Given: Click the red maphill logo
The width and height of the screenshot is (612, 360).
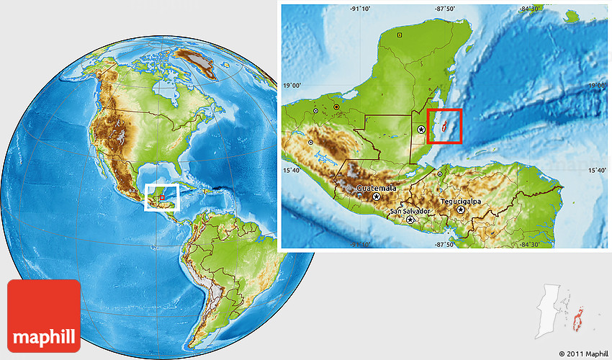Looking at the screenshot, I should tap(44, 316).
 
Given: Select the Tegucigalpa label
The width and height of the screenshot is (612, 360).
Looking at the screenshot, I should tap(461, 202).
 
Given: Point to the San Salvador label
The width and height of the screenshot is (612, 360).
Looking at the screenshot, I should tap(410, 211).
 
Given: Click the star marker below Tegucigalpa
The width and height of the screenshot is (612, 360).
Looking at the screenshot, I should tap(461, 210).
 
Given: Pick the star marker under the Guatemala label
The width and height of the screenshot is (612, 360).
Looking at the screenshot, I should tap(375, 195).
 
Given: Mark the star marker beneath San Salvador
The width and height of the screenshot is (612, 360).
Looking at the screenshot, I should tap(410, 220).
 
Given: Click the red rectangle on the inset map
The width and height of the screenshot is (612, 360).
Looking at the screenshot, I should tap(445, 127).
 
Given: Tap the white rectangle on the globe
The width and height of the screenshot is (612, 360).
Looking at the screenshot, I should tap(161, 197).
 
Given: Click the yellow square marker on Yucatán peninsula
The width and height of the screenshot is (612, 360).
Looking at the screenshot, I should tap(400, 33).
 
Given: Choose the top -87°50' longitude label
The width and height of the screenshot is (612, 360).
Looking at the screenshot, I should tap(445, 9).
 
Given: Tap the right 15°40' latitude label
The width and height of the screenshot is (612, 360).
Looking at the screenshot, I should tap(596, 171).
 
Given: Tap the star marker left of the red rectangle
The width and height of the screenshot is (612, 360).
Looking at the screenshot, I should tap(420, 130).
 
